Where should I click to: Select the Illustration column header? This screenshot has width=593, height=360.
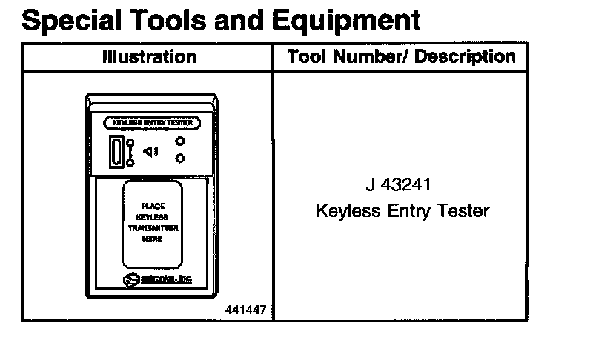149,57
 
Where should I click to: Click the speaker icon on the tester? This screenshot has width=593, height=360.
151,152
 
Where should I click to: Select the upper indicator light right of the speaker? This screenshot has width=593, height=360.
179,141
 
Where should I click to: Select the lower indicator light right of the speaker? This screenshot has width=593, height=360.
179,158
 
